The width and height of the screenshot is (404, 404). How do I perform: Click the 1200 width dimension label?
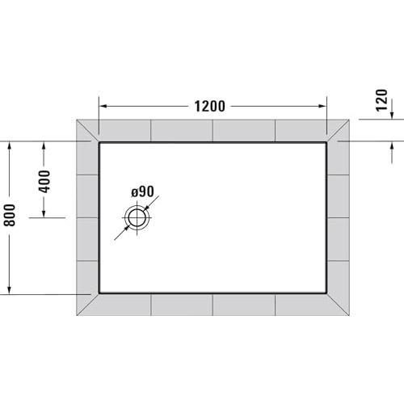(209, 107)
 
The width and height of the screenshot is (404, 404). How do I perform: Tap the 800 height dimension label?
(10, 215)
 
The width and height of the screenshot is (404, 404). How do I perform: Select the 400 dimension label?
(44, 182)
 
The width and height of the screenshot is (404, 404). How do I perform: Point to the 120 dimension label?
(381, 100)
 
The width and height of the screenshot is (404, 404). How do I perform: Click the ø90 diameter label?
(142, 191)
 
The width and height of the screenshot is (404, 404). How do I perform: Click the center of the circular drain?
(137, 217)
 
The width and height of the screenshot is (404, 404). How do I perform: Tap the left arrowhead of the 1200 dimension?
(103, 106)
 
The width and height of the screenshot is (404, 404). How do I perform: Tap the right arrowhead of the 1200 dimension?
(322, 106)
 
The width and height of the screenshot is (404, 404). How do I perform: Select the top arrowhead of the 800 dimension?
(10, 146)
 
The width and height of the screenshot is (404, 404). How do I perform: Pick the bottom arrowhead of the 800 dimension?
(10, 289)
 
